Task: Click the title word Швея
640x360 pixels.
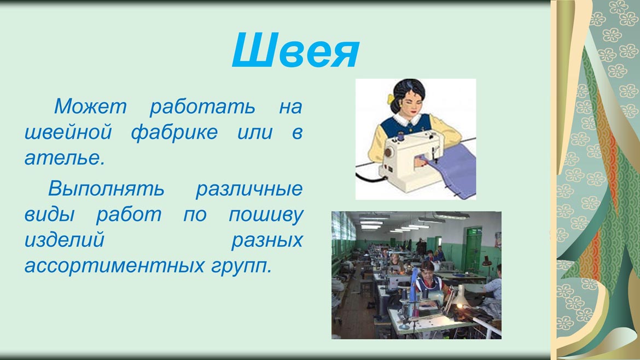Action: (295, 50)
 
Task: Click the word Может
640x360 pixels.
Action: (90, 106)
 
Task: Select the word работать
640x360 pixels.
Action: (202, 107)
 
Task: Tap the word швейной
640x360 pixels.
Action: (68, 132)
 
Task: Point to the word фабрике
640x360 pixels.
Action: (174, 133)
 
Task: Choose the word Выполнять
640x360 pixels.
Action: (106, 188)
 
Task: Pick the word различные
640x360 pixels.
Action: (249, 189)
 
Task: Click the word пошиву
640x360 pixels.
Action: (266, 215)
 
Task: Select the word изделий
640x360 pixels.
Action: (64, 240)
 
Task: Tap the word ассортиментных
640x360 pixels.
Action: (114, 266)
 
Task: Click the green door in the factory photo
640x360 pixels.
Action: (474, 248)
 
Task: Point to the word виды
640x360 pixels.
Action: (50, 214)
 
